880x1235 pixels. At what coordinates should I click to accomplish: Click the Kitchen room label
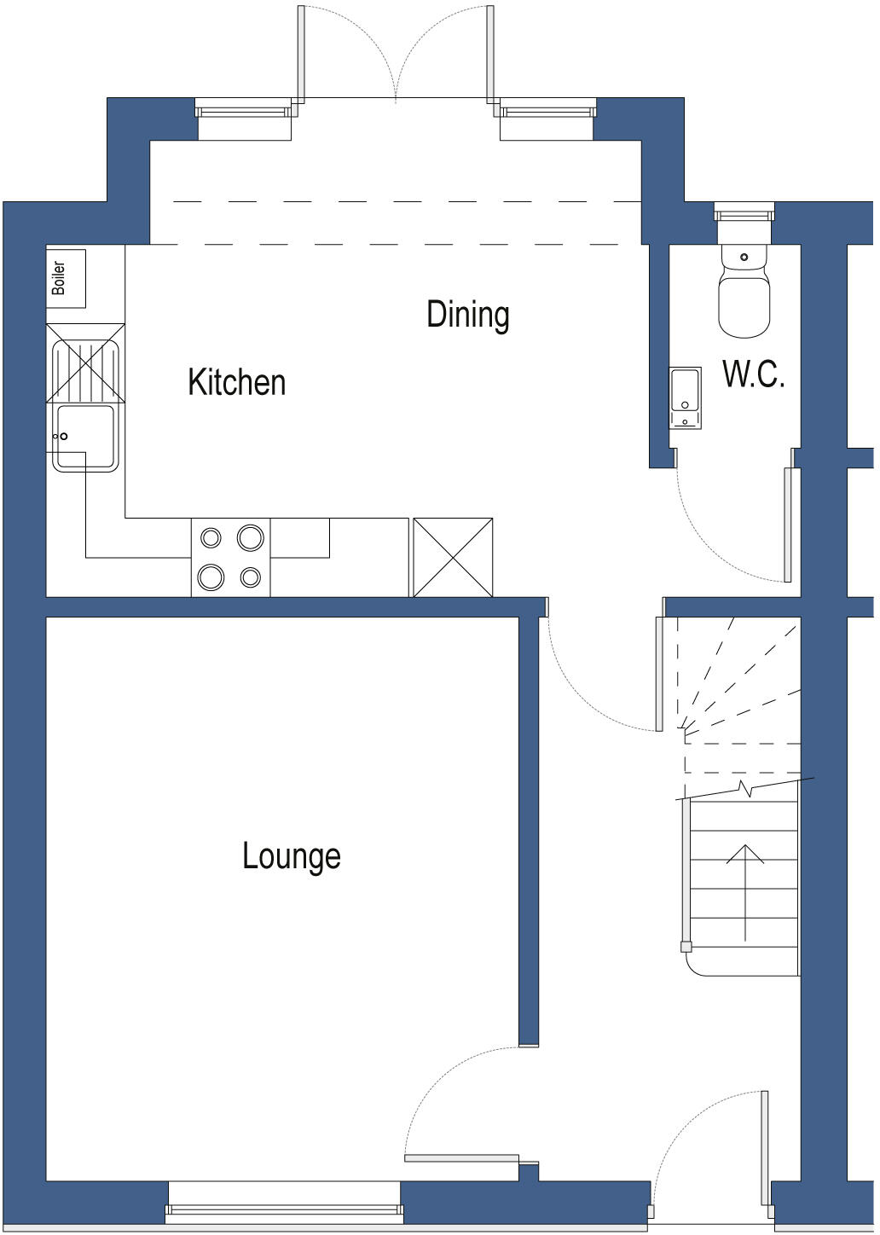pos(236,382)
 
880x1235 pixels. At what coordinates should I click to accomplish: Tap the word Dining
pos(467,315)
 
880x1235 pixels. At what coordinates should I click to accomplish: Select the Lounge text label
pos(291,856)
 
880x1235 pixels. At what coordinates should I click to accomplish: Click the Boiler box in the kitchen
pos(66,278)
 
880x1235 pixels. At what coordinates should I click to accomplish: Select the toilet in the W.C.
pos(744,294)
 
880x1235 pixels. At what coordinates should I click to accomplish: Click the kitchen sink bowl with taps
pos(85,437)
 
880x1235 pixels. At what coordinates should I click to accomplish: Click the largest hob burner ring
pos(251,537)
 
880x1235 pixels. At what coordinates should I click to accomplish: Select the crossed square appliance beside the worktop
pos(453,557)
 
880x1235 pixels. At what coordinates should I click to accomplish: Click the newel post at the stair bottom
pos(686,946)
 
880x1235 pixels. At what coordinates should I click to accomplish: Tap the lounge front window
pos(284,1208)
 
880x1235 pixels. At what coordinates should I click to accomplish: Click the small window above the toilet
pos(744,212)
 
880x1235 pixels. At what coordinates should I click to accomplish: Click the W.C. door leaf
pos(788,524)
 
